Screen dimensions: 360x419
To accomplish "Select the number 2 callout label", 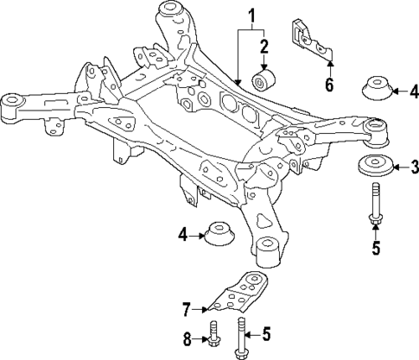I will (x=264, y=46).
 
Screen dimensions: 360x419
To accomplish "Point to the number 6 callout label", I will (x=327, y=85).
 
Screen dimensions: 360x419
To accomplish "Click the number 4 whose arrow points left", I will (x=414, y=89).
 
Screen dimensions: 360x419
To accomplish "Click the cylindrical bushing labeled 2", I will (x=262, y=80).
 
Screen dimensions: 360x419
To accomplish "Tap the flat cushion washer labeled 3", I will (x=373, y=167).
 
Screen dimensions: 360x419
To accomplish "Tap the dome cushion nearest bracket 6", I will (x=376, y=91).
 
